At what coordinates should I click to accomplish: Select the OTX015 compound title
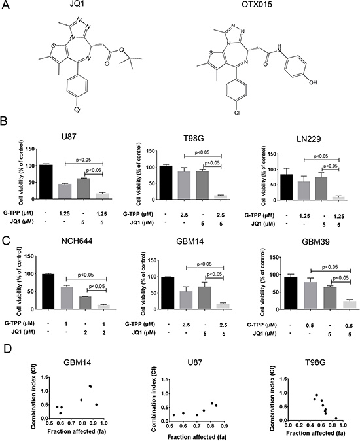[258, 4]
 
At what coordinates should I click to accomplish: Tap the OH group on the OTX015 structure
[313, 82]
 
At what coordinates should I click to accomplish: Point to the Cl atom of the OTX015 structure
[237, 113]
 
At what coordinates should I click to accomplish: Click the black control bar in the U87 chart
[46, 181]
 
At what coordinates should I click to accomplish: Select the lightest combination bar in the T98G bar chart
[221, 197]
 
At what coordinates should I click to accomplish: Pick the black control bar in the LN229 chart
[286, 187]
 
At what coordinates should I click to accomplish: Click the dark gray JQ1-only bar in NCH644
[86, 303]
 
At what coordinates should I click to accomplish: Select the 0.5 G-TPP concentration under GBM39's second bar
[310, 325]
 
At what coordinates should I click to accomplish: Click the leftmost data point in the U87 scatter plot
[174, 415]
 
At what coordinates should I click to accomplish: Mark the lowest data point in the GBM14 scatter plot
[60, 413]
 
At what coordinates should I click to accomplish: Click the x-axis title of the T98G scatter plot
[315, 432]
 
